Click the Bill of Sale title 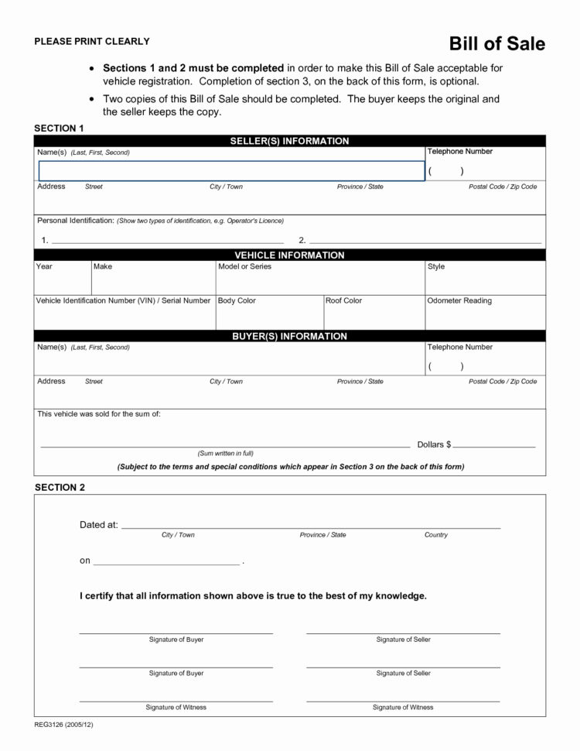coord(497,44)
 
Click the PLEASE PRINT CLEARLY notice coord(91,41)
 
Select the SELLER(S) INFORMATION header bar coord(290,141)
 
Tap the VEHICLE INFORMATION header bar coord(290,255)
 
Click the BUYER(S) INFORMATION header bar coord(290,336)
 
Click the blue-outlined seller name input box coord(231,171)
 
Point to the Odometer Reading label coord(459,300)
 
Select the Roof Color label coord(343,300)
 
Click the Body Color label coord(237,300)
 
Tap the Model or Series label coord(245,266)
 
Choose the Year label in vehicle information coord(44,266)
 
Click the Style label coord(436,266)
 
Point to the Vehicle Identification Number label coord(123,300)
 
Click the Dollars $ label coord(434,444)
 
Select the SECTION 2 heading coord(60,487)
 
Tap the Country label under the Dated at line coord(436,535)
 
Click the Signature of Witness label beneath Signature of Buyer coord(176,707)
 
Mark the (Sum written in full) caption coord(226,453)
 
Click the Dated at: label coord(99,525)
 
